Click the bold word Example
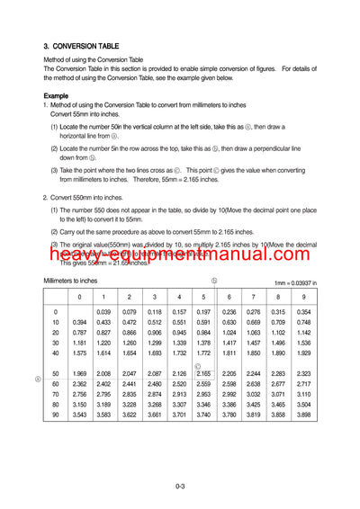56,95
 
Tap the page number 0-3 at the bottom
180,488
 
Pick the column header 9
303,297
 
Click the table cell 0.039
103,312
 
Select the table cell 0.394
79,322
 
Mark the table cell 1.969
79,373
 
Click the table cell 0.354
303,312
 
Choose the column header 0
79,297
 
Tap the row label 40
56,353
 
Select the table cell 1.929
303,353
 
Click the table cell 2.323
303,373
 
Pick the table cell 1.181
79,343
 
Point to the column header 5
203,297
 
